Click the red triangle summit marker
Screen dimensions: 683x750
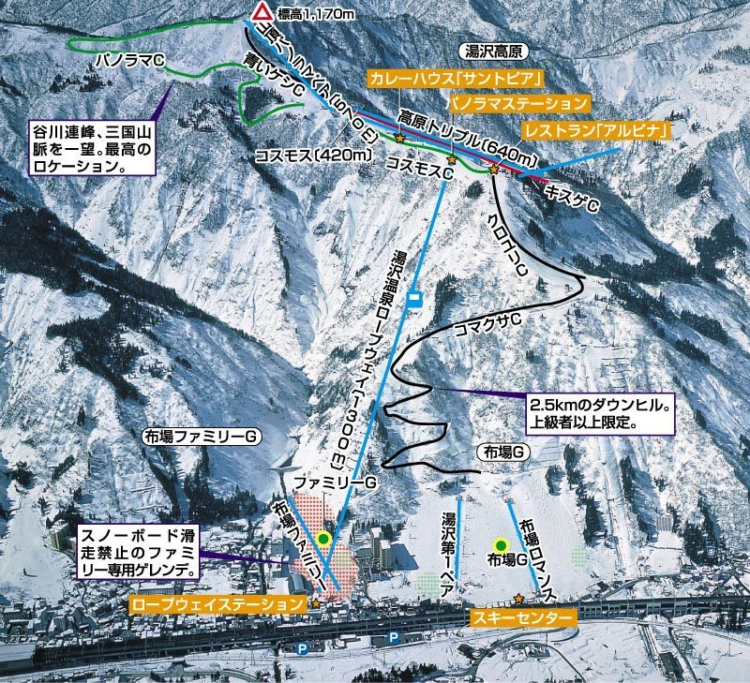(x=262, y=12)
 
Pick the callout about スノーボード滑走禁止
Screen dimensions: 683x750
(x=138, y=551)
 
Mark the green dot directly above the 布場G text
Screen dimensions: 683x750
(x=501, y=544)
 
